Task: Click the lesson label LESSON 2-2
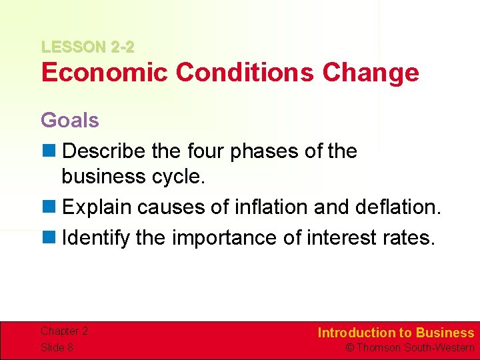pos(87,47)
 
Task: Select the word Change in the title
pos(371,72)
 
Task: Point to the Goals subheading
pos(70,120)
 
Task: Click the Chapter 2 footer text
pos(64,331)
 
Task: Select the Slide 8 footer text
pos(57,347)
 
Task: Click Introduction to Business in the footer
pos(396,333)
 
